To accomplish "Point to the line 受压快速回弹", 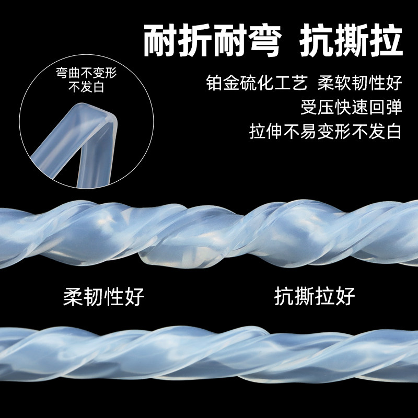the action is pyautogui.click(x=351, y=107).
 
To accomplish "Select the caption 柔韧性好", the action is pyautogui.click(x=103, y=296).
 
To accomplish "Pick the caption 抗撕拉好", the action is pyautogui.click(x=315, y=296).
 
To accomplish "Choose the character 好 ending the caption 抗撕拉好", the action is pyautogui.click(x=345, y=296).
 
